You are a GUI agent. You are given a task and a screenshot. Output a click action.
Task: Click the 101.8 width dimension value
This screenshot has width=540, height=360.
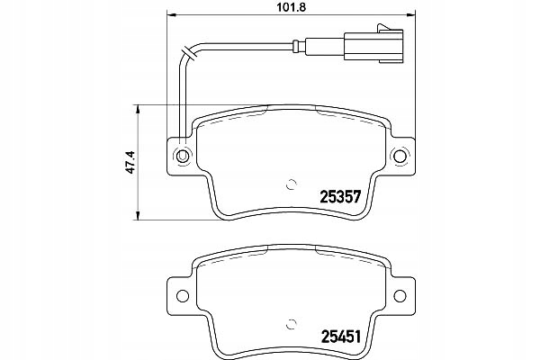point(292,7)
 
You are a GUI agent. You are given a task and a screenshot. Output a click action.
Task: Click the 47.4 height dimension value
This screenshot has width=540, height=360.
point(131,162)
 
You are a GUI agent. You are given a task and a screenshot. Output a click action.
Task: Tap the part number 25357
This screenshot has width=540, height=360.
point(340,197)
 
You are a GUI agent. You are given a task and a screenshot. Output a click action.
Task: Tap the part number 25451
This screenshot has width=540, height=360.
point(341,337)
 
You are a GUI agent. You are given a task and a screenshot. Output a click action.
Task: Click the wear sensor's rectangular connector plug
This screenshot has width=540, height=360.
point(373,47)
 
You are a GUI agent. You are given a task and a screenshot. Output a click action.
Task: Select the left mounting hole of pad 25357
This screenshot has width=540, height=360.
point(182,156)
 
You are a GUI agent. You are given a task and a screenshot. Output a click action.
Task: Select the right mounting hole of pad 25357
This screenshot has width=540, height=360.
point(400,156)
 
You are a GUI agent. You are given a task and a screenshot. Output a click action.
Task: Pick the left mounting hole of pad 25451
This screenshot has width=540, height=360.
point(182,295)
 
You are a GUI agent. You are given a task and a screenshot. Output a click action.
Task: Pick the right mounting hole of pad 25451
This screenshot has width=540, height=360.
point(400,295)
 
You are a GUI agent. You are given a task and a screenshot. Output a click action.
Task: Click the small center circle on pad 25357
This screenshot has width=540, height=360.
point(292,184)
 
